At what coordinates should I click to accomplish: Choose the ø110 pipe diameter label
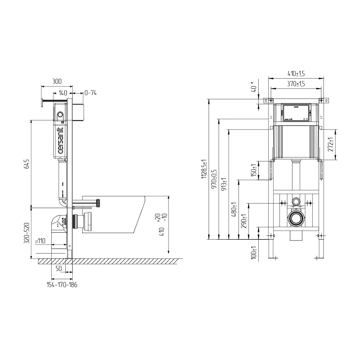click(40, 241)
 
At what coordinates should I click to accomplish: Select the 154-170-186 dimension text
click(62, 284)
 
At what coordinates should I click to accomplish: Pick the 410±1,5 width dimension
click(296, 73)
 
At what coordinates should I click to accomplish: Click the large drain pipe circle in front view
click(296, 218)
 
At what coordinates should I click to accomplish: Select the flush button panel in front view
click(296, 112)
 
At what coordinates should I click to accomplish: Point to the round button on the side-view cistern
click(60, 116)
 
